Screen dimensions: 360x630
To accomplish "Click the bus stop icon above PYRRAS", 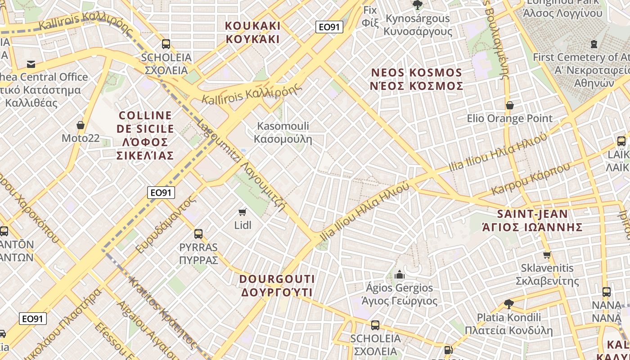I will click(x=198, y=234).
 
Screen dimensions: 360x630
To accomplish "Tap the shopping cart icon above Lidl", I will click(x=243, y=211).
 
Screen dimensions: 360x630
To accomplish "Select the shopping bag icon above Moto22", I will click(x=81, y=125).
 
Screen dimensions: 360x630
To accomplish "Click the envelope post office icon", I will click(x=31, y=64).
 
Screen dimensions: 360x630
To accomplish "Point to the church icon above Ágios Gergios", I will click(x=399, y=274).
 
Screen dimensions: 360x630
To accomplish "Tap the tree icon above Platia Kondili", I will click(x=509, y=304).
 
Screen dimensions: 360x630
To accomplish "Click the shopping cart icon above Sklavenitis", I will click(x=547, y=255).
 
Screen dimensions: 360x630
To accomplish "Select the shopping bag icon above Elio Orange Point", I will click(x=510, y=105).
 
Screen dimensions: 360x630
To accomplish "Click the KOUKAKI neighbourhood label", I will click(x=252, y=32).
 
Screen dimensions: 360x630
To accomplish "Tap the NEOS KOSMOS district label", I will click(x=416, y=79).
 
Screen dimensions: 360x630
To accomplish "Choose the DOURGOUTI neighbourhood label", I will click(x=277, y=286).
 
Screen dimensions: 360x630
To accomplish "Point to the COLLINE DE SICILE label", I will click(x=145, y=135).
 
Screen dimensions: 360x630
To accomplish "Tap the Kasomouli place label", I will click(x=283, y=132).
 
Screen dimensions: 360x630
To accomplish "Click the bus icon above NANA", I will click(x=606, y=292).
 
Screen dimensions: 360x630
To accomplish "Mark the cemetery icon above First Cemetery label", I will click(x=594, y=44).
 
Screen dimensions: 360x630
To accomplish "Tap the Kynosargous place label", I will click(x=418, y=25).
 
